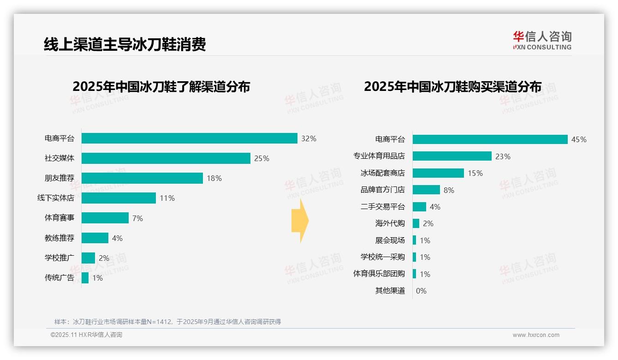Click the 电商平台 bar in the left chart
pyautogui.click(x=189, y=138)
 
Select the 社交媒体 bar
pyautogui.click(x=166, y=158)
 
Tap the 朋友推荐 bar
pyautogui.click(x=142, y=178)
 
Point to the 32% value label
pyautogui.click(x=309, y=138)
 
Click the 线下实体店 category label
pyautogui.click(x=56, y=198)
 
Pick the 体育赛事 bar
pyautogui.click(x=105, y=218)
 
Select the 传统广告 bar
pyautogui.click(x=85, y=278)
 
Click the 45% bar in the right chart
pyautogui.click(x=490, y=139)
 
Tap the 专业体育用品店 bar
pyautogui.click(x=452, y=156)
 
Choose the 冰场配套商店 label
pyautogui.click(x=382, y=173)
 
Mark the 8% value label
pyautogui.click(x=449, y=190)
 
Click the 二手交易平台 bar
pyautogui.click(x=419, y=207)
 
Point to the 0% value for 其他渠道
pyautogui.click(x=421, y=291)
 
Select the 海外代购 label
pyautogui.click(x=390, y=223)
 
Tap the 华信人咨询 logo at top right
pyautogui.click(x=542, y=41)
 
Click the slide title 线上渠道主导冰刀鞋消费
pyautogui.click(x=125, y=44)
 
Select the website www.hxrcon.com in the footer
pyautogui.click(x=536, y=335)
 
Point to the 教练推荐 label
pyautogui.click(x=59, y=238)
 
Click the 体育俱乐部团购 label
pyautogui.click(x=379, y=274)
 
